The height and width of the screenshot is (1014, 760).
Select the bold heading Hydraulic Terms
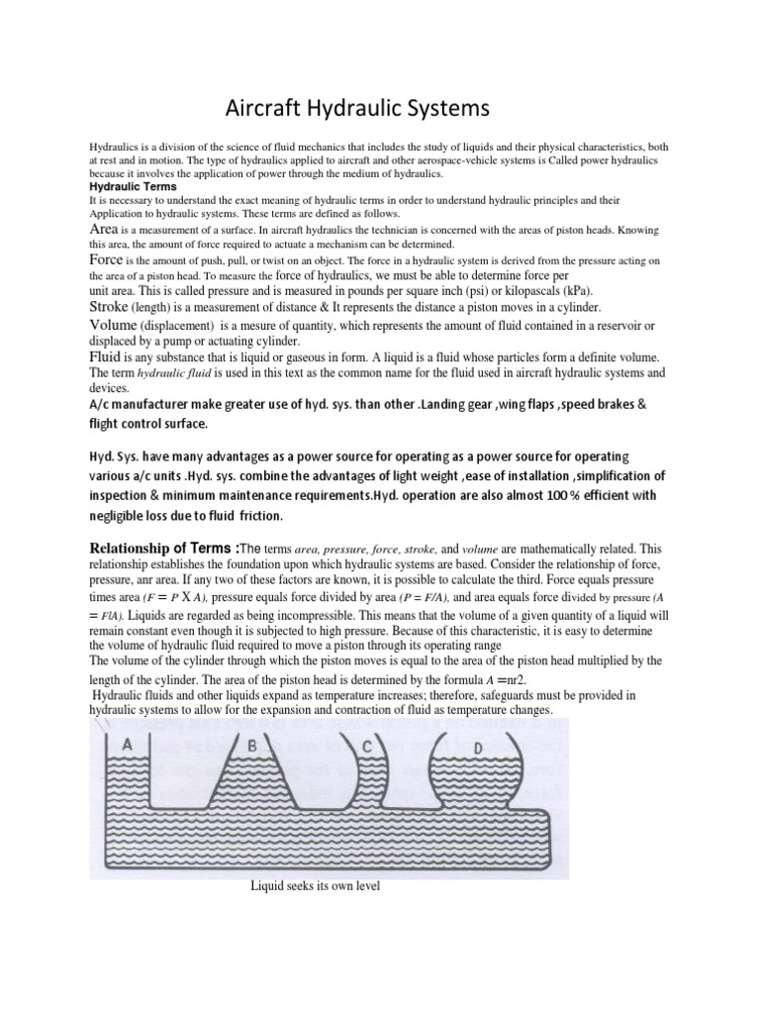[x=134, y=186]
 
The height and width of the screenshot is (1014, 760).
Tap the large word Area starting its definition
[x=106, y=228]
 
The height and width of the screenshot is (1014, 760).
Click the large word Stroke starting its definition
[x=112, y=308]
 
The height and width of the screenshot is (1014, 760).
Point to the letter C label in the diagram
[x=366, y=748]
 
